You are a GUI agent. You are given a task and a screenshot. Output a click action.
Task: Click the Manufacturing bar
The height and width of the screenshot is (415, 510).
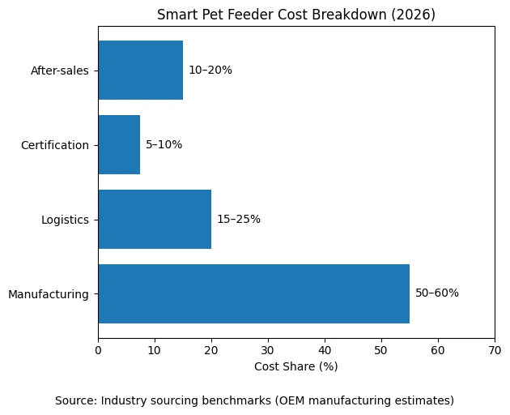point(253,293)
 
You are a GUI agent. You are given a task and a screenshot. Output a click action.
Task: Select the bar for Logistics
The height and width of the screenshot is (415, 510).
point(155,219)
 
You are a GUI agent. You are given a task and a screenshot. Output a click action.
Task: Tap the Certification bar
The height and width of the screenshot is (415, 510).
point(119,144)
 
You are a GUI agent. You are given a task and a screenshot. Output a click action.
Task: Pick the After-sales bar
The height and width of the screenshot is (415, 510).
point(140,70)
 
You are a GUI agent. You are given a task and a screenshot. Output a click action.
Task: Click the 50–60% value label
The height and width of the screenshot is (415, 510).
point(436,293)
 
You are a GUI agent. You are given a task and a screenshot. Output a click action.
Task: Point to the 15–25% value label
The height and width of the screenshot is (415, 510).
point(238,219)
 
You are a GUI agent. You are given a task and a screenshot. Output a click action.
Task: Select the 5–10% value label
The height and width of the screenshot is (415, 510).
point(164,144)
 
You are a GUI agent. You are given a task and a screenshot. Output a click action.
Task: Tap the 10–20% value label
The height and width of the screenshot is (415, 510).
point(210,70)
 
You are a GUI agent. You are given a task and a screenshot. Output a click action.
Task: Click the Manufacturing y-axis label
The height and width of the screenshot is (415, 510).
point(49,294)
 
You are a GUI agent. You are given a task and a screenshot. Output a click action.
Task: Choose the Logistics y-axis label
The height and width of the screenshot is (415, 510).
point(65,220)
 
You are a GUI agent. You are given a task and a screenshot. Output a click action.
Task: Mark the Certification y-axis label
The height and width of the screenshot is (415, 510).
point(55,145)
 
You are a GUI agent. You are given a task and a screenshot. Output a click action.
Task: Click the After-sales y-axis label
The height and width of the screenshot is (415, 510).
point(60,71)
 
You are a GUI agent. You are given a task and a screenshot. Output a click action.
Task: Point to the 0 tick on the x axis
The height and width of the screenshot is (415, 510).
point(98,350)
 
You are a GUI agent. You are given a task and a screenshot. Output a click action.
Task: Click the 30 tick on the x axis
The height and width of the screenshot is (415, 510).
point(268,350)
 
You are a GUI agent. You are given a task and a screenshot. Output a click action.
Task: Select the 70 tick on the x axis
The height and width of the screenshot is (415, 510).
point(495,350)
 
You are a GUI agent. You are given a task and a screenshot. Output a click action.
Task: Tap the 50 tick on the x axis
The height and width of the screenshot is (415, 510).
point(381,350)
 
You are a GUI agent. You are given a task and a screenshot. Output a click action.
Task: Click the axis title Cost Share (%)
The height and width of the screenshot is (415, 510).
point(296,366)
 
